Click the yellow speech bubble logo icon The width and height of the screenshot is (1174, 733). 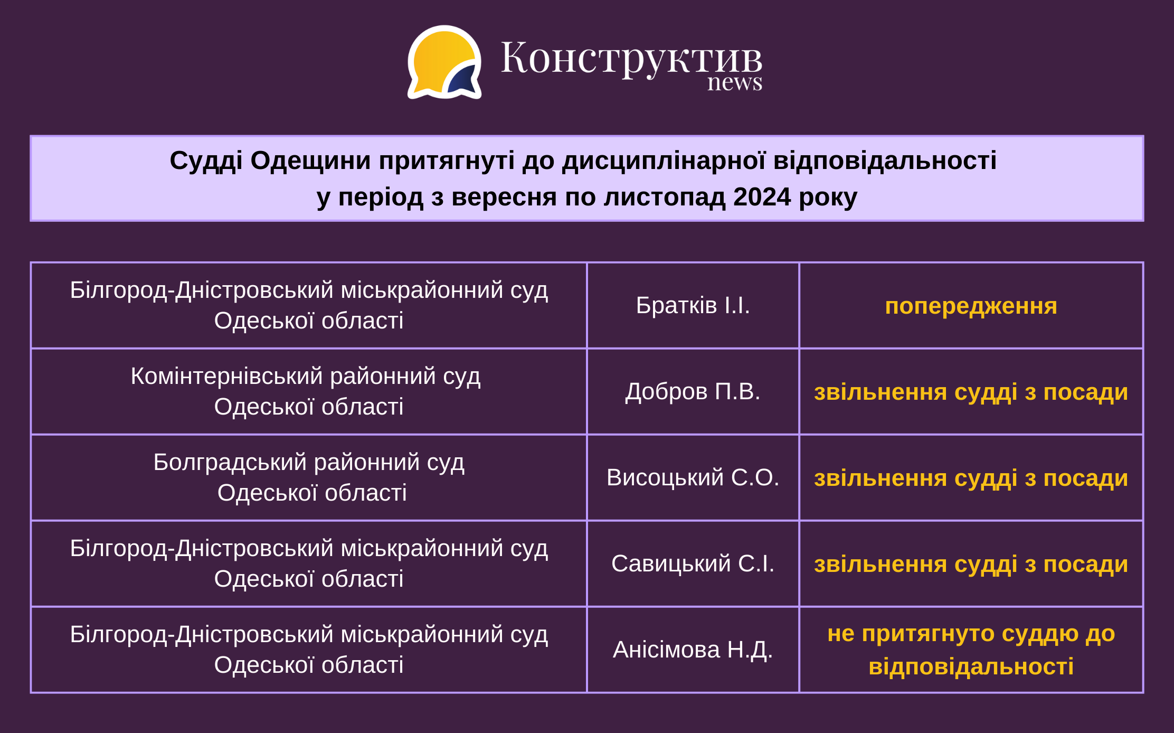pos(444,62)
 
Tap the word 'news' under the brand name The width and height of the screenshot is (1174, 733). pos(735,83)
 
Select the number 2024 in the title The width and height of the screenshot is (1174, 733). pos(762,197)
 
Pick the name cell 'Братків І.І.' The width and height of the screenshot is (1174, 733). pos(693,305)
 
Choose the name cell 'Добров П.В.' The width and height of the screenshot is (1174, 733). pos(693,392)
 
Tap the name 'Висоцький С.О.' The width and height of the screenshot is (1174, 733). pos(693,477)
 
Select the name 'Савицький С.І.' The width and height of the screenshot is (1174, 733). pos(693,563)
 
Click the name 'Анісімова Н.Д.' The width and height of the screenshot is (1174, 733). pos(693,650)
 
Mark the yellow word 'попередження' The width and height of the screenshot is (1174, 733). pos(971,307)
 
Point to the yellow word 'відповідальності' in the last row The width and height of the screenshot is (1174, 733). pos(971,666)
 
